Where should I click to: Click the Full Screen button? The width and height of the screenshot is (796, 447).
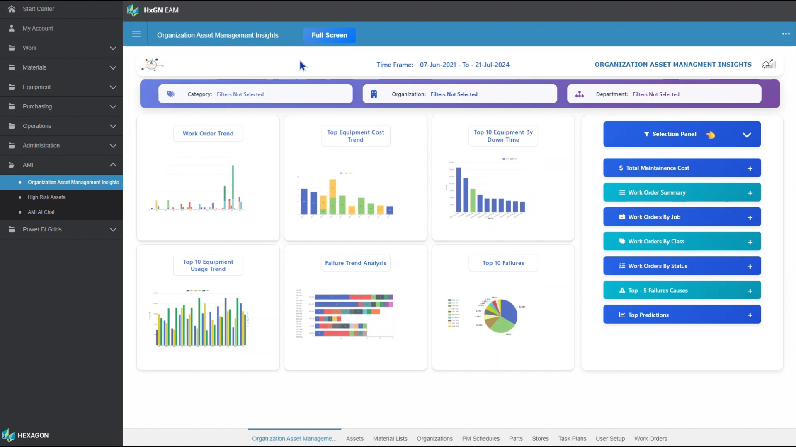pyautogui.click(x=329, y=35)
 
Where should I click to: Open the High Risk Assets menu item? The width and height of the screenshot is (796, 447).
pyautogui.click(x=46, y=197)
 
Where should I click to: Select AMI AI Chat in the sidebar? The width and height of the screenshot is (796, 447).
pyautogui.click(x=41, y=212)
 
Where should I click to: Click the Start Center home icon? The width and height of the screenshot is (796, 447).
pyautogui.click(x=12, y=9)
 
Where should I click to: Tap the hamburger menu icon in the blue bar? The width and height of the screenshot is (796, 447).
pyautogui.click(x=136, y=34)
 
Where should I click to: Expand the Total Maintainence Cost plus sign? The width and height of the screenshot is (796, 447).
pyautogui.click(x=750, y=168)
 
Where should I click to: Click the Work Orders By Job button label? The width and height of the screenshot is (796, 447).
pyautogui.click(x=654, y=217)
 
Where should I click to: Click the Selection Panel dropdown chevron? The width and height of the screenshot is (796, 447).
pyautogui.click(x=747, y=135)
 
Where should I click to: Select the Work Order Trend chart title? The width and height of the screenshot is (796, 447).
pyautogui.click(x=208, y=134)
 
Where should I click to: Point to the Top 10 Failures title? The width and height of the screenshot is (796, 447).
pyautogui.click(x=503, y=263)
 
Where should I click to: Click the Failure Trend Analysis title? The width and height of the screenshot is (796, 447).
pyautogui.click(x=355, y=263)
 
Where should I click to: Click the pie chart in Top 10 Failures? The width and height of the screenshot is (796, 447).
pyautogui.click(x=501, y=316)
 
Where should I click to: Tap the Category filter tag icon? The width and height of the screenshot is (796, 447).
pyautogui.click(x=170, y=94)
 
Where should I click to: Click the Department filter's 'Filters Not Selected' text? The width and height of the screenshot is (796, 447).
pyautogui.click(x=656, y=94)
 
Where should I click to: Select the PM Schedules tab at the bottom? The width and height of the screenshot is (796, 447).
pyautogui.click(x=481, y=439)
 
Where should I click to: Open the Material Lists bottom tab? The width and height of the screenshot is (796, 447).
pyautogui.click(x=390, y=439)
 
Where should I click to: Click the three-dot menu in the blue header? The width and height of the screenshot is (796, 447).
pyautogui.click(x=786, y=34)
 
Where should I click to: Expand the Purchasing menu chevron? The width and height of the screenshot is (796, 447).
pyautogui.click(x=113, y=107)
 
